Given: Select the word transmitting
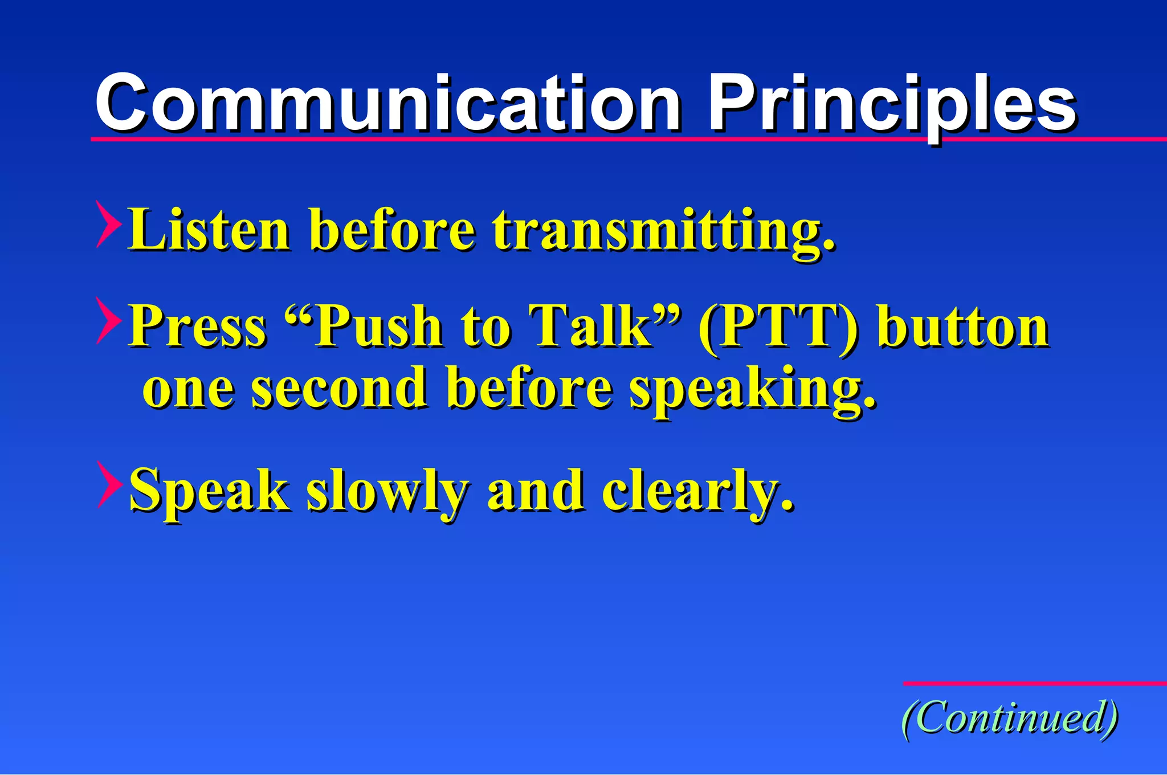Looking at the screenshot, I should pyautogui.click(x=664, y=231).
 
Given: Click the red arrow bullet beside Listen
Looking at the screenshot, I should pyautogui.click(x=108, y=224).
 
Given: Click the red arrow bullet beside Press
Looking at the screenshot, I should pyautogui.click(x=108, y=320).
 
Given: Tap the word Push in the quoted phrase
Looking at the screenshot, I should pyautogui.click(x=379, y=326).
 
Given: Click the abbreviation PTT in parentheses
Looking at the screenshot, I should pyautogui.click(x=778, y=326).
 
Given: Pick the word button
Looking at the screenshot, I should pyautogui.click(x=963, y=326).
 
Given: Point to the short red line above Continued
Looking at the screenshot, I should pyautogui.click(x=1034, y=683).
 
